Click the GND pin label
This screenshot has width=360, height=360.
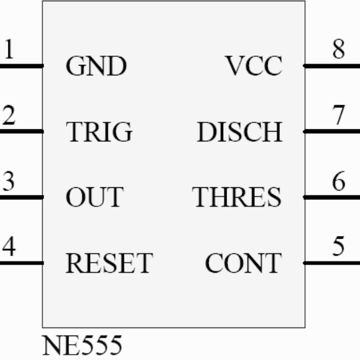(96, 66)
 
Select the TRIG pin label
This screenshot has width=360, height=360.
(99, 132)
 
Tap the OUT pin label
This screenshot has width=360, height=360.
(95, 197)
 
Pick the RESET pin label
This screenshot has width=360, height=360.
(109, 263)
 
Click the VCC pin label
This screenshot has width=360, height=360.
(254, 66)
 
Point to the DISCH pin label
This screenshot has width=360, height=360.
(240, 132)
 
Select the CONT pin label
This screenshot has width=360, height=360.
(244, 263)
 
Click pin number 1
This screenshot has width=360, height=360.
(9, 49)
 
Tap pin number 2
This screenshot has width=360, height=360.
(9, 114)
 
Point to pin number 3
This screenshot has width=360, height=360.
(9, 181)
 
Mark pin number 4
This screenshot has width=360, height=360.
(9, 246)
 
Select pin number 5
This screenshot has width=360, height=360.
(339, 246)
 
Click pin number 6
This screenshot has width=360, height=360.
(339, 181)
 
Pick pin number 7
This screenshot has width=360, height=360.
(339, 114)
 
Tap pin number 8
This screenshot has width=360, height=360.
(339, 49)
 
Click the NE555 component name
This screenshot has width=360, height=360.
(82, 345)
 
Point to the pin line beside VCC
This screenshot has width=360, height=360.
(332, 66)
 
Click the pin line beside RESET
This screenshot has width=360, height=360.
(22, 263)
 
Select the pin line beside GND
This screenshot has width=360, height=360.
(22, 66)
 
